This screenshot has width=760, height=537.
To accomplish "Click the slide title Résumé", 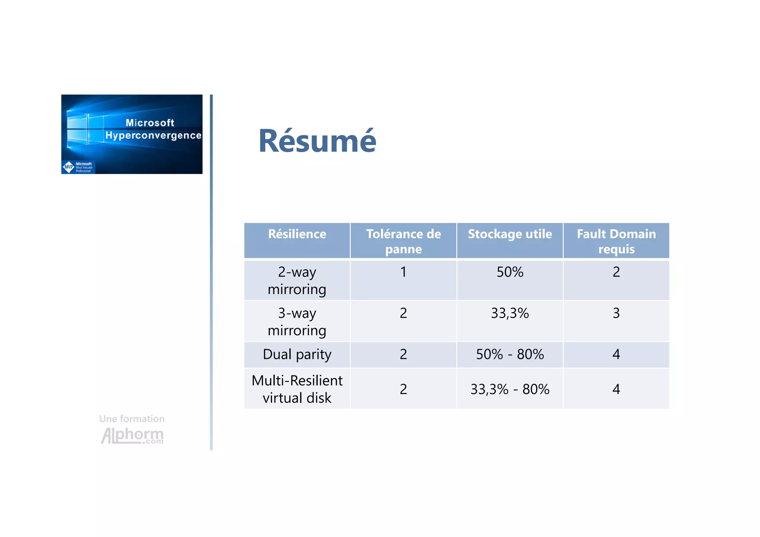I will coord(317,141).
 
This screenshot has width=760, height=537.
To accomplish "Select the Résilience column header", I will coord(297,234).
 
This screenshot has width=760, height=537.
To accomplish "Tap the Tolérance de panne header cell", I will coord(403,241).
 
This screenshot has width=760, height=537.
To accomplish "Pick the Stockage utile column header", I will coord(510,234).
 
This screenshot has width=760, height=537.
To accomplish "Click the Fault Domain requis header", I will coord(616,241).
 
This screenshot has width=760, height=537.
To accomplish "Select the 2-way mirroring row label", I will coord(297,281).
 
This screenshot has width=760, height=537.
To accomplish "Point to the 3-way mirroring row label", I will coord(297,321).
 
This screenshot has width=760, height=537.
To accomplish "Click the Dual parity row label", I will coord(297,354).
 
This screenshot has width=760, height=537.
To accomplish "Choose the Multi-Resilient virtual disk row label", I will coord(297,389).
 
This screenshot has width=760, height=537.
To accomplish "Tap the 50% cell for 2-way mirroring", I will coord(510,272).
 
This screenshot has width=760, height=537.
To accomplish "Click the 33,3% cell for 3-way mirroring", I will coord(510,314).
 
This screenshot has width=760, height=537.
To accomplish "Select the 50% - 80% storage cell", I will coord(510,354).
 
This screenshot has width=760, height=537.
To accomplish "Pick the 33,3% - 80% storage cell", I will coord(510,389).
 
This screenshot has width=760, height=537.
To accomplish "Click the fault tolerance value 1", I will coord(403,272).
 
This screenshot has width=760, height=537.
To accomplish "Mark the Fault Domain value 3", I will coord(616,314).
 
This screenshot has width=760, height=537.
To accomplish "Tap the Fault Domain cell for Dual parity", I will coord(616,354).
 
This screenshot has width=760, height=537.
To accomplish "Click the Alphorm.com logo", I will coord(132,435).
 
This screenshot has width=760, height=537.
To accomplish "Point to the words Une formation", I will coord(132,419).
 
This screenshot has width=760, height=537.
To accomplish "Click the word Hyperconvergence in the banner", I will coord(153,135).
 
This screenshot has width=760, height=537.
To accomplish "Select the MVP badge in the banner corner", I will coord(78,167).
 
